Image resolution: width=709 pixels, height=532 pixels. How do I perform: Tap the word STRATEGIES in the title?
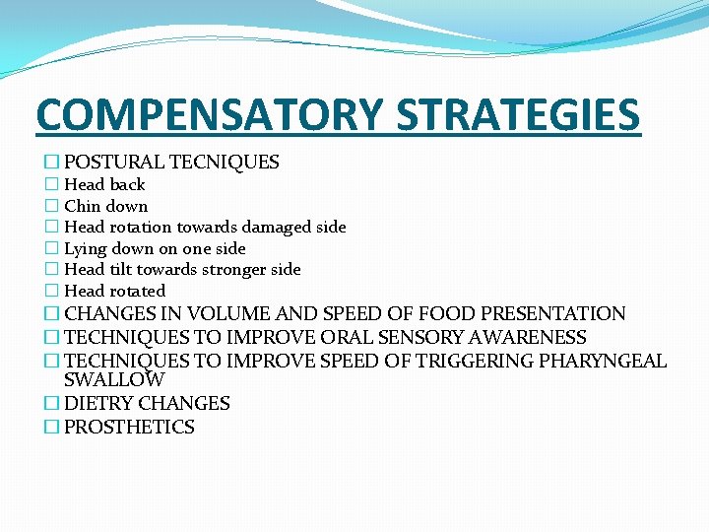pyautogui.click(x=518, y=114)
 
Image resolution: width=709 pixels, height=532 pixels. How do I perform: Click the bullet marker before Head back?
pyautogui.click(x=51, y=185)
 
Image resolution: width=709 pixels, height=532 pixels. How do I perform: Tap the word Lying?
pyautogui.click(x=86, y=249)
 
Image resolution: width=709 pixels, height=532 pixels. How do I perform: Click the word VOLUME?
pyautogui.click(x=224, y=314)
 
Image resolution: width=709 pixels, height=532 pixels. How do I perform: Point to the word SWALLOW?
pyautogui.click(x=114, y=379)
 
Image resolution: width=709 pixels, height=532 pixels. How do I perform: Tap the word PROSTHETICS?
pyautogui.click(x=129, y=428)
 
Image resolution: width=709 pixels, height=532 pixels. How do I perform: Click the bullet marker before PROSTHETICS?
pyautogui.click(x=51, y=428)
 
